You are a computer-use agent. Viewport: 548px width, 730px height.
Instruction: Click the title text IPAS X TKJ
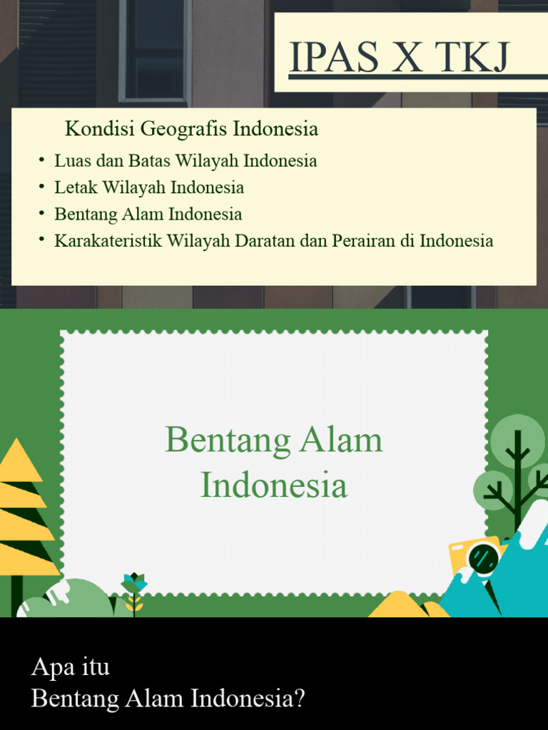click(399, 58)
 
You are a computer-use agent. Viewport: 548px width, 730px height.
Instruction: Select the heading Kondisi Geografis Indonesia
click(191, 130)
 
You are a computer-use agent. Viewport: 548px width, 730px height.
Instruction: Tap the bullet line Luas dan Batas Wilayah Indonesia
click(186, 161)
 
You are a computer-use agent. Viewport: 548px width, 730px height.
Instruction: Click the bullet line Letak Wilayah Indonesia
click(149, 188)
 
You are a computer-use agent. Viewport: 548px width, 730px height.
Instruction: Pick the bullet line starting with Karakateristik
click(273, 241)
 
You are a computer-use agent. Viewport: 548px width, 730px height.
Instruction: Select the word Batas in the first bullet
click(150, 161)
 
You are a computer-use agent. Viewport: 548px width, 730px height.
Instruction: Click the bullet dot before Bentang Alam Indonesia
click(43, 214)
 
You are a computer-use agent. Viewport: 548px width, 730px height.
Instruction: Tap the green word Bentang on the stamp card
click(228, 441)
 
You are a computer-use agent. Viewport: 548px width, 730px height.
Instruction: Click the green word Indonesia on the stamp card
click(274, 486)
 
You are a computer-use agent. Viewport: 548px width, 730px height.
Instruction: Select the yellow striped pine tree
click(21, 513)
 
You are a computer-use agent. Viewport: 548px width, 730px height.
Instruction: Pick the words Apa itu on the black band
click(71, 668)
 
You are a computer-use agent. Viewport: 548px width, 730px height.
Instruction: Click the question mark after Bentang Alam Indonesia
click(299, 699)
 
